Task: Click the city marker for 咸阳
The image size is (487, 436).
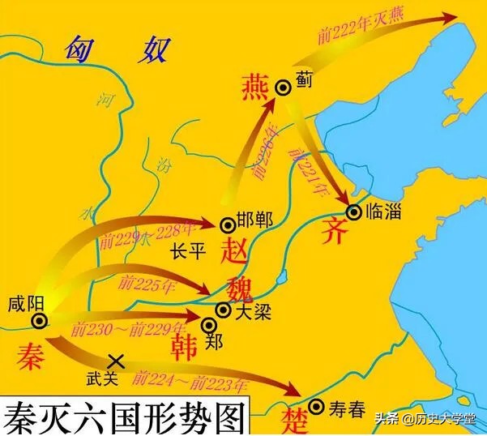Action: tap(38, 322)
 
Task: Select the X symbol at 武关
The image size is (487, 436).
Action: tap(116, 360)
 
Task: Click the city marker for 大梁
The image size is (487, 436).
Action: tap(222, 310)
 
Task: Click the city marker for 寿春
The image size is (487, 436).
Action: tap(317, 407)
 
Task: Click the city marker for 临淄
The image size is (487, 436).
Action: tap(354, 212)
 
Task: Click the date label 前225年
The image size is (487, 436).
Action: tap(139, 284)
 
